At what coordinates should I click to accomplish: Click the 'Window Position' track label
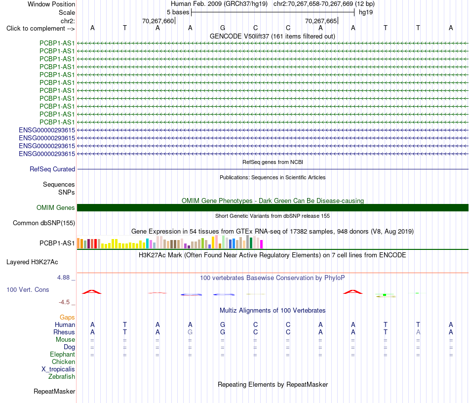pos(51,4)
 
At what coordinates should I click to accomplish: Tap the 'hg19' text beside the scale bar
pos(366,12)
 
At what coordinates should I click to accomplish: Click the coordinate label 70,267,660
pos(158,21)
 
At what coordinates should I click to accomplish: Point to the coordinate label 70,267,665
pos(321,21)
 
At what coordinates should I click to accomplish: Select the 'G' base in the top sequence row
pos(223,28)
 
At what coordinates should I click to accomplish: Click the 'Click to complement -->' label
pos(40,29)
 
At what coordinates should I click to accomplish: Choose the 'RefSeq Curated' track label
pos(52,169)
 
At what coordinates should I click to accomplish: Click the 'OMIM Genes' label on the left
pos(56,207)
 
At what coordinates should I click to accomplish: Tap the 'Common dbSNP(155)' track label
pos(44,223)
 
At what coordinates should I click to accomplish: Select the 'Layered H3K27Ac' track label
pos(32,262)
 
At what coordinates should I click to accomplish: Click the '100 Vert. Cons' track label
pos(28,289)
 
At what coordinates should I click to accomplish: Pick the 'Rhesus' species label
pos(64,332)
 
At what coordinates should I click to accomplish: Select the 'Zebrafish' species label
pos(62,377)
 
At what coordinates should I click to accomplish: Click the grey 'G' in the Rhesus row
pos(190,332)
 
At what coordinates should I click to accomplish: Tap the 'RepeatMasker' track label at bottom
pos(54,391)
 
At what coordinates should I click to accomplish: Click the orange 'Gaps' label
pos(67,317)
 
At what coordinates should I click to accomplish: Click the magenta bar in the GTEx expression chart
pos(261,244)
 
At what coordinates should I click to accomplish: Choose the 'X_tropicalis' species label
pos(58,369)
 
